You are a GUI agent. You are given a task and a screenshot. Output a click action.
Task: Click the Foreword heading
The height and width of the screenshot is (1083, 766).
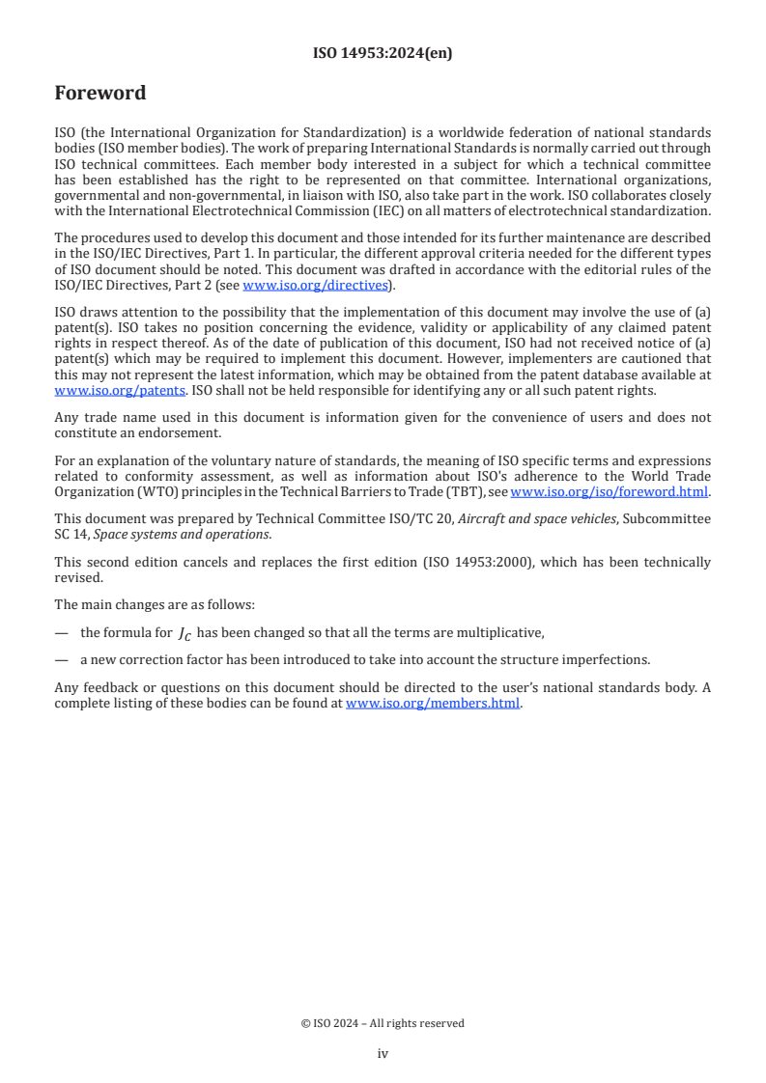(100, 94)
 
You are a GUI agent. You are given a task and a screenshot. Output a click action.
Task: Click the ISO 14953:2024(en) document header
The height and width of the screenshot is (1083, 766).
(383, 54)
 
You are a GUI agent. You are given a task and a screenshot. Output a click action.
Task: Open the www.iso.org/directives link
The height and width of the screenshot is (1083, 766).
(315, 285)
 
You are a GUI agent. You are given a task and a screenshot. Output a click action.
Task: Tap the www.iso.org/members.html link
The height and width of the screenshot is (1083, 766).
(433, 704)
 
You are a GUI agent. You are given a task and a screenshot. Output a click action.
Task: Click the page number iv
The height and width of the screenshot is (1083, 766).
(383, 1054)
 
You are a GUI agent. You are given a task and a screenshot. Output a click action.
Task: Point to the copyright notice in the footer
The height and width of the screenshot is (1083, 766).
(383, 1023)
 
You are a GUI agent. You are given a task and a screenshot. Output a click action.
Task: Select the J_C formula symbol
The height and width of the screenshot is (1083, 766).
(184, 634)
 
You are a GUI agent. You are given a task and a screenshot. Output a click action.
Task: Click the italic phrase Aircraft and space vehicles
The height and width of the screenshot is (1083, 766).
(534, 519)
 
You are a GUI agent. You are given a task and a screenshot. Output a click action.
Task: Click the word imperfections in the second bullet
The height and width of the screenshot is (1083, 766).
(608, 660)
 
